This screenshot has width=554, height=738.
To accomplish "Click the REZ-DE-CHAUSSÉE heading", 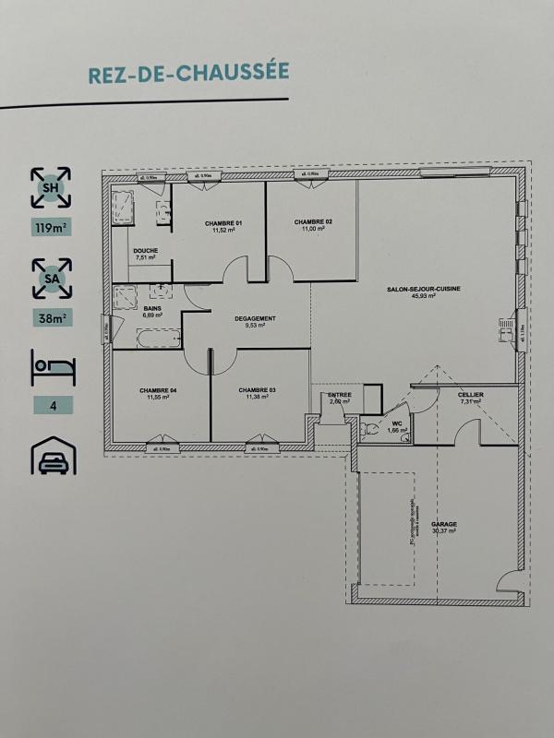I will tap(189, 73).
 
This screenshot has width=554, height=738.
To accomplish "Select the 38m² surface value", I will tap(52, 319).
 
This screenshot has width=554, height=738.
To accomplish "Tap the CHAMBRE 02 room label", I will tap(313, 223).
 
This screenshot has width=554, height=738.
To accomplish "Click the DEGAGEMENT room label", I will tap(255, 320).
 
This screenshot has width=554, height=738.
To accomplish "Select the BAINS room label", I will tap(151, 310).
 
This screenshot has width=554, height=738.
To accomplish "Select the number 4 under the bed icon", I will tap(52, 405).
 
